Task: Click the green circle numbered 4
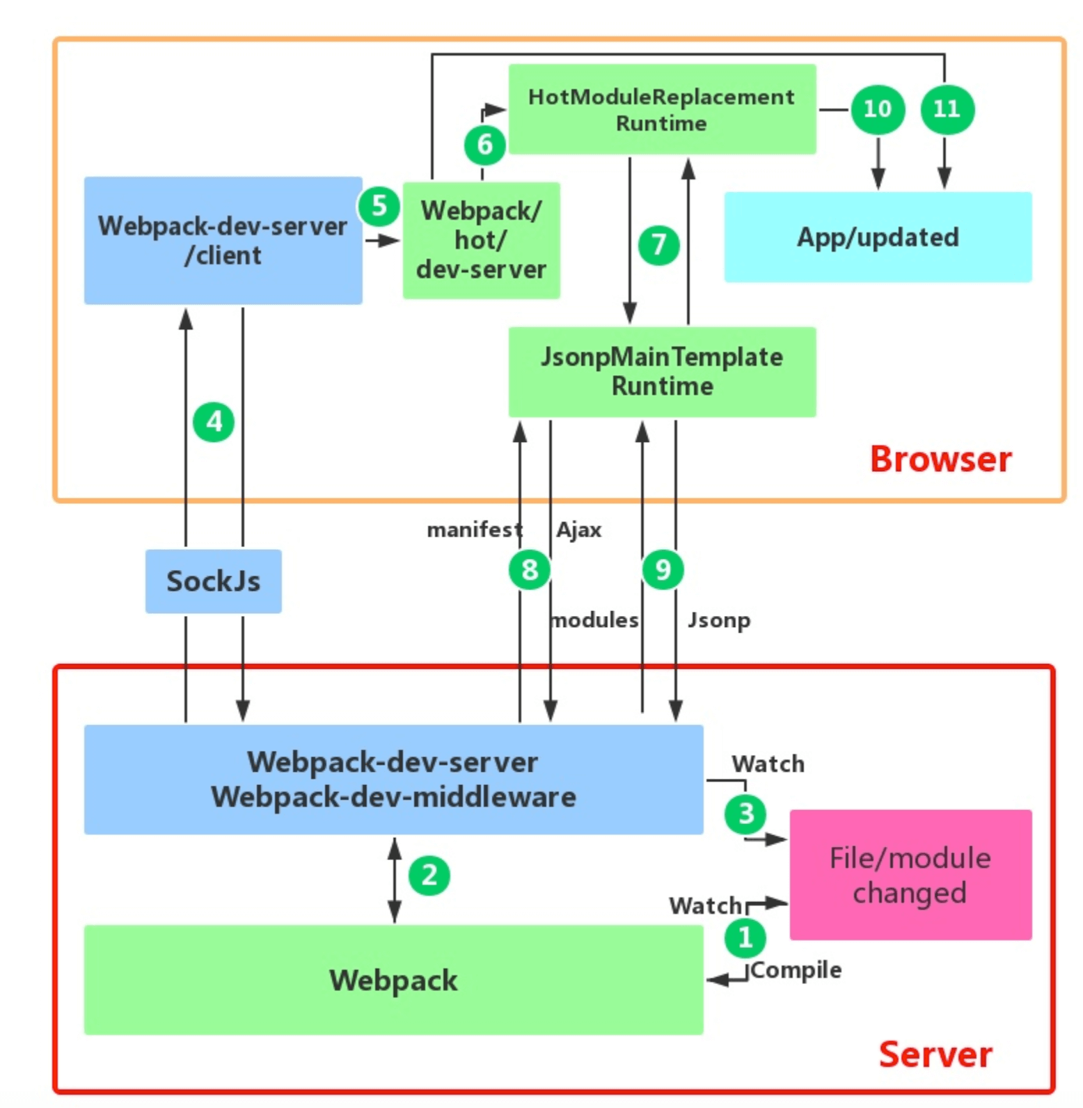214,422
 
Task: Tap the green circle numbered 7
658,245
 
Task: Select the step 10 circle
878,109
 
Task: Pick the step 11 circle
947,109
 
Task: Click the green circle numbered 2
429,876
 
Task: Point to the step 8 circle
530,570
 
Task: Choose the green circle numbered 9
663,570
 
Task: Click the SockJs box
213,581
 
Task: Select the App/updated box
878,237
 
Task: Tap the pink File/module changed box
910,875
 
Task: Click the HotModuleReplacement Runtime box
661,109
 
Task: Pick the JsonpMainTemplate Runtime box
661,372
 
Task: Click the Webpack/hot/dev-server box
481,240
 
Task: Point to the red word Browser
940,459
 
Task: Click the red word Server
935,1054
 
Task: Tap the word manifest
474,530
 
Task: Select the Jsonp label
719,620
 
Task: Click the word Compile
796,970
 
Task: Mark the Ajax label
578,530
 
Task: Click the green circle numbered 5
379,206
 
